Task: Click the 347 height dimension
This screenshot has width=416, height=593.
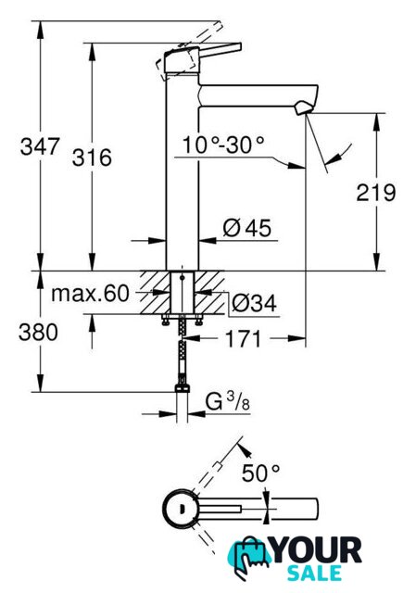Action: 40,146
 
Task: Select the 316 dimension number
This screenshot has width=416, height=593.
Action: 92,158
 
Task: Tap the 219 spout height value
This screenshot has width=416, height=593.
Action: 376,193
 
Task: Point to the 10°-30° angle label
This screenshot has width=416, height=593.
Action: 223,145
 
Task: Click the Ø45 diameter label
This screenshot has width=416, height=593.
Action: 247,228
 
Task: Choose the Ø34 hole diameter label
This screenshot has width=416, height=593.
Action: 254,303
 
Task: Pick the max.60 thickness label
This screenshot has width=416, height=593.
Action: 90,294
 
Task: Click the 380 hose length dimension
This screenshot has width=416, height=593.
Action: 38,333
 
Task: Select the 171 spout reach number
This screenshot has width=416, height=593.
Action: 243,339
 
